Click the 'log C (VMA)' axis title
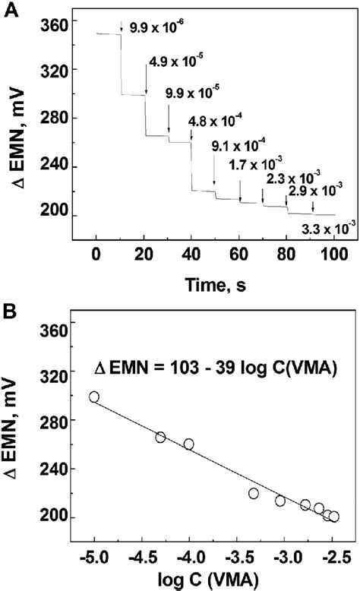(214, 582)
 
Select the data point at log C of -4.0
(189, 444)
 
